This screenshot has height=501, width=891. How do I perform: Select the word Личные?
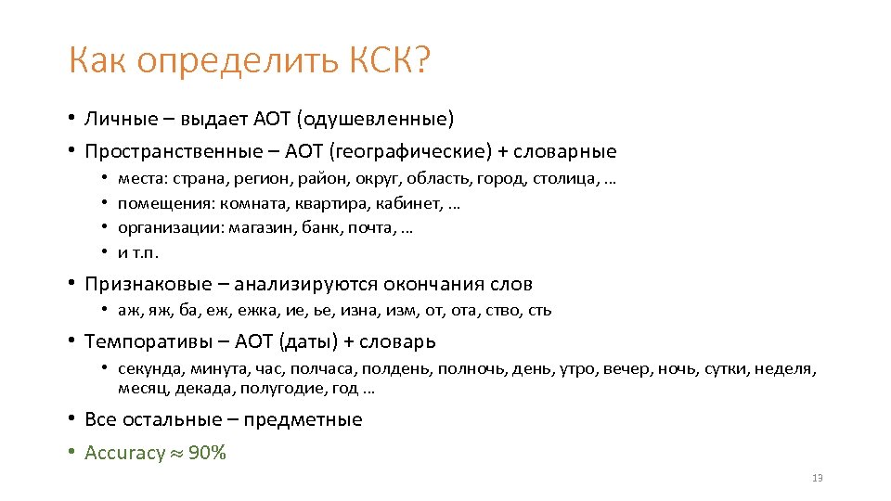click(116, 118)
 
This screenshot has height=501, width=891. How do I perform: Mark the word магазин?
click(266, 228)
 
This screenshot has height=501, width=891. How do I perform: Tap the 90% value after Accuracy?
click(207, 453)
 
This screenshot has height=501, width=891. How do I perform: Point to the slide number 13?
click(817, 478)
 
